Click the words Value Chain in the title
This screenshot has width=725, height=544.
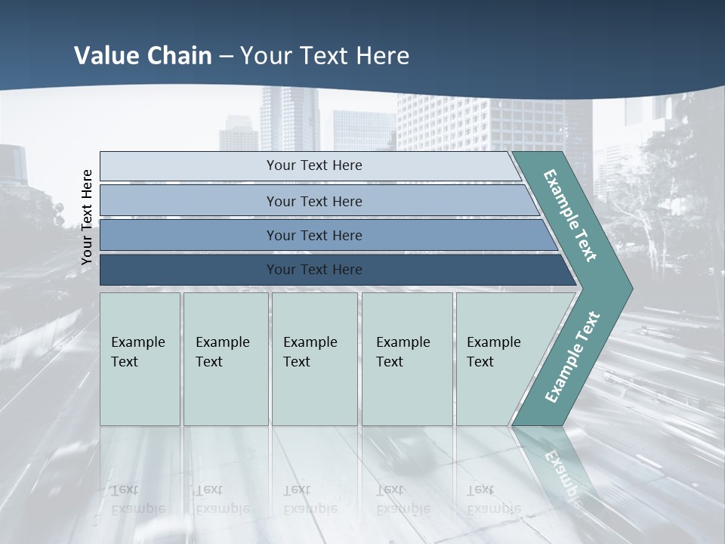pyautogui.click(x=143, y=56)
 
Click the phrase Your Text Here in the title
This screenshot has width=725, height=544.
pyautogui.click(x=325, y=56)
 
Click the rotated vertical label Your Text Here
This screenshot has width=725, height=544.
pyautogui.click(x=87, y=217)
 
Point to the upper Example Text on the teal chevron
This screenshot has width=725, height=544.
pyautogui.click(x=570, y=215)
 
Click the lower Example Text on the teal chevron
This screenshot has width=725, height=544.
pyautogui.click(x=572, y=357)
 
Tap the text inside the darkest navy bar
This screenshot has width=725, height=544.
pyautogui.click(x=314, y=270)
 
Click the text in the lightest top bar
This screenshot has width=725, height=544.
pyautogui.click(x=314, y=165)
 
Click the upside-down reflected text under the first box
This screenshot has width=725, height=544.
pyautogui.click(x=138, y=499)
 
